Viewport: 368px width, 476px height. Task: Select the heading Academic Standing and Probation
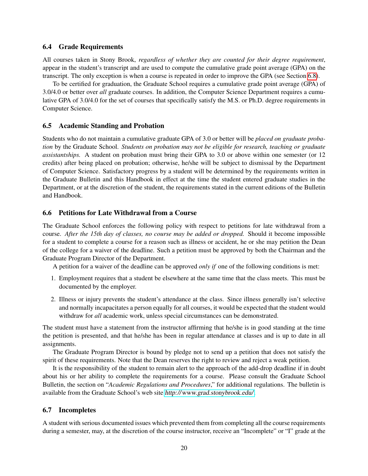point(111,126)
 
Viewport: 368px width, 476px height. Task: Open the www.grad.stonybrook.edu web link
point(209,393)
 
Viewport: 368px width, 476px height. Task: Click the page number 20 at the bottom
point(184,448)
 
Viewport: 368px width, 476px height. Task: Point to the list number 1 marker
point(53,279)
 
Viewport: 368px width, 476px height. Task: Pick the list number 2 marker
point(53,300)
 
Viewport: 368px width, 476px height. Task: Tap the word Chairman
point(291,250)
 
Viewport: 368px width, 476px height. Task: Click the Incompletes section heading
point(77,410)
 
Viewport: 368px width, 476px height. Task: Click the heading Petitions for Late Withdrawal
point(128,213)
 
